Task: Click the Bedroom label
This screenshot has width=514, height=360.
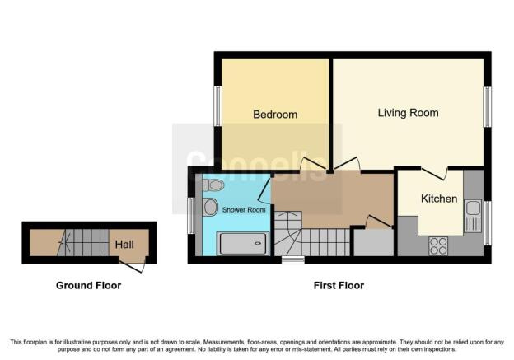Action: pyautogui.click(x=275, y=115)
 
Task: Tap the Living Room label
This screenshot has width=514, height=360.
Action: pyautogui.click(x=408, y=113)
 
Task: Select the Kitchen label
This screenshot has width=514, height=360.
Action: pyautogui.click(x=439, y=199)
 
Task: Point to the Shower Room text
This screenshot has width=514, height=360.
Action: pyautogui.click(x=244, y=210)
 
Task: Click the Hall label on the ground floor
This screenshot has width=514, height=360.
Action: pyautogui.click(x=124, y=245)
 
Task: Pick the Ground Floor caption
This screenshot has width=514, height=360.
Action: pyautogui.click(x=88, y=285)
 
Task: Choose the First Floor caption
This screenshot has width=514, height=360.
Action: pyautogui.click(x=339, y=285)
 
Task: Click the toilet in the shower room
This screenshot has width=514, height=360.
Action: pyautogui.click(x=213, y=185)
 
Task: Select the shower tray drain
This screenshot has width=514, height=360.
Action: pyautogui.click(x=259, y=243)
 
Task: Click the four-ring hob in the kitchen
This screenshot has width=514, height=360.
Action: pyautogui.click(x=438, y=245)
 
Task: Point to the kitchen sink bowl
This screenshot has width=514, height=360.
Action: pyautogui.click(x=473, y=208)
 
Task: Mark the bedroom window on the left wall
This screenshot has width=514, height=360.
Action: pyautogui.click(x=217, y=106)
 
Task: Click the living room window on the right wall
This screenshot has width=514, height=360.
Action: pyautogui.click(x=488, y=107)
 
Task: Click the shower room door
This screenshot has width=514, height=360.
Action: pyautogui.click(x=264, y=189)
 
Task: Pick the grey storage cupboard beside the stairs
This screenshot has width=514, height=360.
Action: pyautogui.click(x=373, y=243)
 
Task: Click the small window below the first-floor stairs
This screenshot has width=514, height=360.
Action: pyautogui.click(x=293, y=260)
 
